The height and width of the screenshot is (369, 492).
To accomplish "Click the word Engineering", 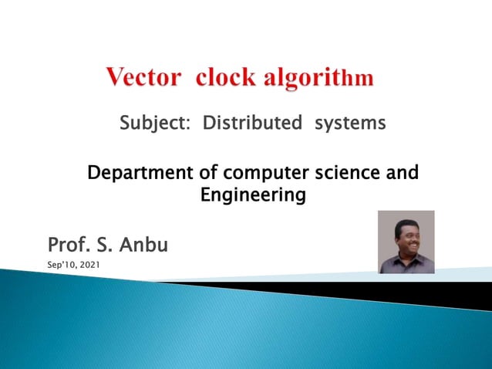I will pos(253,196).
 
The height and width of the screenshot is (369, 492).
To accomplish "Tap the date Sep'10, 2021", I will pos(73,266).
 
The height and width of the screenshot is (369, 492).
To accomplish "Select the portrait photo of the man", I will pos(406,242).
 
